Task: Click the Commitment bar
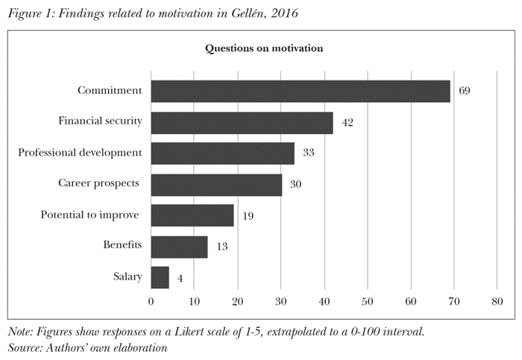(x=301, y=91)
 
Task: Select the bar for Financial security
(x=242, y=122)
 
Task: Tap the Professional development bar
(x=222, y=154)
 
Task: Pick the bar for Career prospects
(x=216, y=184)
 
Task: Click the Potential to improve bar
(x=192, y=215)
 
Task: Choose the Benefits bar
(x=179, y=247)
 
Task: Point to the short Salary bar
(x=160, y=277)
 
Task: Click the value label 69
(x=465, y=91)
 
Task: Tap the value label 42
(x=347, y=122)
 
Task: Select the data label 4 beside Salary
(x=180, y=278)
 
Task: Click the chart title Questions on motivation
(x=263, y=48)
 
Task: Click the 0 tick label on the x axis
(x=151, y=301)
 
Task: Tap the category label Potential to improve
(x=90, y=215)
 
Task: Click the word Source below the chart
(x=23, y=347)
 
